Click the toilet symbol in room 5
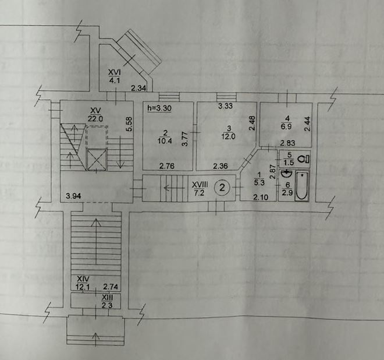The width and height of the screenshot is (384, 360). pyautogui.click(x=304, y=159)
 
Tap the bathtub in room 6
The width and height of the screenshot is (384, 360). pyautogui.click(x=302, y=186)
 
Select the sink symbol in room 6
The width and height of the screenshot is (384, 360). pyautogui.click(x=286, y=174)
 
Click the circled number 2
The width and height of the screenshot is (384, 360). pyautogui.click(x=222, y=188)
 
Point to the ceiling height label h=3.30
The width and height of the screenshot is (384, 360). pyautogui.click(x=159, y=108)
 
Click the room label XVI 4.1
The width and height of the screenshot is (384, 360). pyautogui.click(x=115, y=76)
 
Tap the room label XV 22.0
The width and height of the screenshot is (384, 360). pyautogui.click(x=95, y=115)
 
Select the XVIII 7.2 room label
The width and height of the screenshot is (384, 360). pyautogui.click(x=200, y=188)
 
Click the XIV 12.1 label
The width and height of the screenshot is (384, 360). pyautogui.click(x=83, y=283)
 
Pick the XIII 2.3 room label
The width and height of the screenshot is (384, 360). pyautogui.click(x=107, y=301)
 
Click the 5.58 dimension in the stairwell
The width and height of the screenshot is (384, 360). pyautogui.click(x=129, y=124)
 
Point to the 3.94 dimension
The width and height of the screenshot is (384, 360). pyautogui.click(x=73, y=196)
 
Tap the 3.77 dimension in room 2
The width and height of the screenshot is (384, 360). pyautogui.click(x=185, y=139)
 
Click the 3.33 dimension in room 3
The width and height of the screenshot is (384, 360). pyautogui.click(x=225, y=106)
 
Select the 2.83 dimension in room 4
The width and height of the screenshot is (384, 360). pyautogui.click(x=288, y=143)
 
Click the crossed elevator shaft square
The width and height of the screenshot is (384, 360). pyautogui.click(x=97, y=160)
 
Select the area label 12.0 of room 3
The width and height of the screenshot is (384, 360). pyautogui.click(x=228, y=136)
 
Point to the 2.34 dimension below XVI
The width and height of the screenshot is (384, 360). pyautogui.click(x=138, y=88)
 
